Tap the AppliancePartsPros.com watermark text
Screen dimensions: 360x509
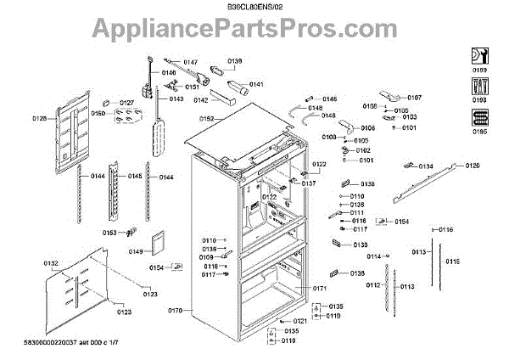pyautogui.click(x=255, y=31)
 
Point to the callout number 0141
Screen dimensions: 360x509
pyautogui.click(x=256, y=84)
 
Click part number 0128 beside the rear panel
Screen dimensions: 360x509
pyautogui.click(x=41, y=119)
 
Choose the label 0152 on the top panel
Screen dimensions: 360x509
pyautogui.click(x=206, y=120)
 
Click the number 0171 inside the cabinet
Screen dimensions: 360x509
pyautogui.click(x=320, y=290)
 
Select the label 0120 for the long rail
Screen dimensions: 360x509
pyautogui.click(x=472, y=165)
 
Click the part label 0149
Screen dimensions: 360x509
pyautogui.click(x=137, y=251)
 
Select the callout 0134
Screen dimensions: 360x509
pyautogui.click(x=425, y=166)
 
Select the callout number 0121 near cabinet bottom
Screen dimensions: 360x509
pyautogui.click(x=300, y=320)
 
